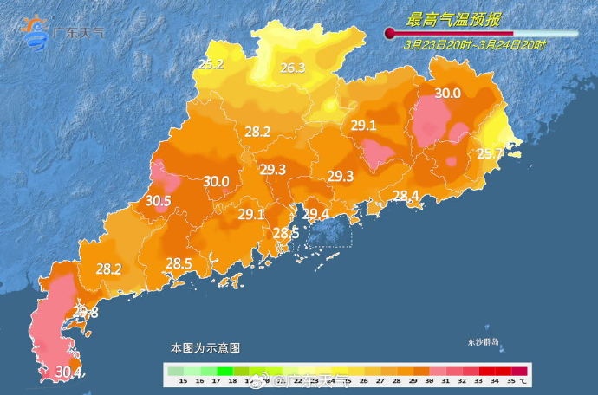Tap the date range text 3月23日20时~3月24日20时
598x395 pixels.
coord(476,44)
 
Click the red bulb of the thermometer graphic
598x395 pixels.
coord(390,34)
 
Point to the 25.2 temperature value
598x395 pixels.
coord(211,64)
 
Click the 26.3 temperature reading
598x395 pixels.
coord(292,68)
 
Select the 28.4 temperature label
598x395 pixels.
coord(406,195)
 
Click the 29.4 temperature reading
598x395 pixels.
coord(315,213)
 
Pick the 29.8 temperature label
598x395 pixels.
coord(85,312)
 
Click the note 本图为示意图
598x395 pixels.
coord(205,347)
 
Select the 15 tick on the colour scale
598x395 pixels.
coord(183,380)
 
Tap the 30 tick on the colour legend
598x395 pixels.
coord(431,380)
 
